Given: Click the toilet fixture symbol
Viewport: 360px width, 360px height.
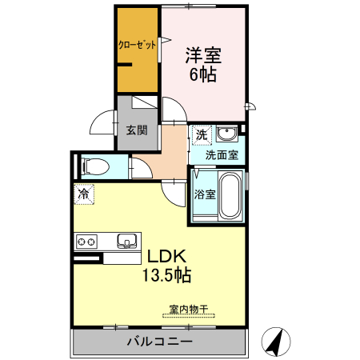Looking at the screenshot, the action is click(95, 166).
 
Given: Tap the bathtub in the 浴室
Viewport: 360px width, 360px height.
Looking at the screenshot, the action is click(230, 195).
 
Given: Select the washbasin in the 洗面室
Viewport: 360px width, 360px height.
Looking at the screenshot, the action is click(226, 133).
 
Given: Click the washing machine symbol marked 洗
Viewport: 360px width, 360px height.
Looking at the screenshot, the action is click(202, 135).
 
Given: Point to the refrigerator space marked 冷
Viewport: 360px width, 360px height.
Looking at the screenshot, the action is click(84, 194).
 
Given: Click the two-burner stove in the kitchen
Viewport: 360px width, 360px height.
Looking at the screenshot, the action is click(86, 242).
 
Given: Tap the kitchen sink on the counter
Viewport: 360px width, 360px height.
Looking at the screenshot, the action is click(127, 241).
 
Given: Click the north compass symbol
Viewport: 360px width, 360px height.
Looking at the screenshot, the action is click(276, 342).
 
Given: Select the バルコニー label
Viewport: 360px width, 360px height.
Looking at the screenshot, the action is click(159, 342).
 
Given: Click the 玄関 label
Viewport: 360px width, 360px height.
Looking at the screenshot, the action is click(137, 130).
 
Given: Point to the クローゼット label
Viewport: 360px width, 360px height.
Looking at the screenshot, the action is click(137, 45).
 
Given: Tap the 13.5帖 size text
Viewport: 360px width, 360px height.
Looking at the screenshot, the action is click(166, 275).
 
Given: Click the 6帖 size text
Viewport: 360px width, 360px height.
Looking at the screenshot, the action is click(203, 74).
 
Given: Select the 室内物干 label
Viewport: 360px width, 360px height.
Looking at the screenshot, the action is click(189, 309).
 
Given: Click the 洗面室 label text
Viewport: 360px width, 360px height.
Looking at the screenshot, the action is click(222, 155).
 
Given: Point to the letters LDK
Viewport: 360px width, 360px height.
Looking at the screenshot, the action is click(166, 256).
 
